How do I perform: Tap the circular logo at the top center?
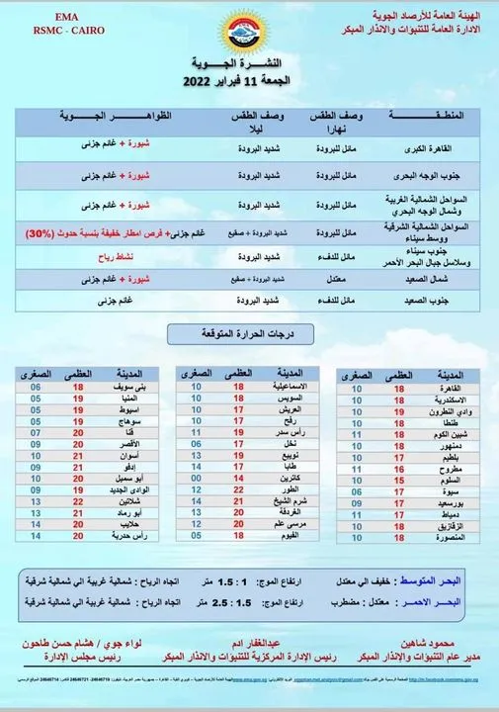point(248,39)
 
